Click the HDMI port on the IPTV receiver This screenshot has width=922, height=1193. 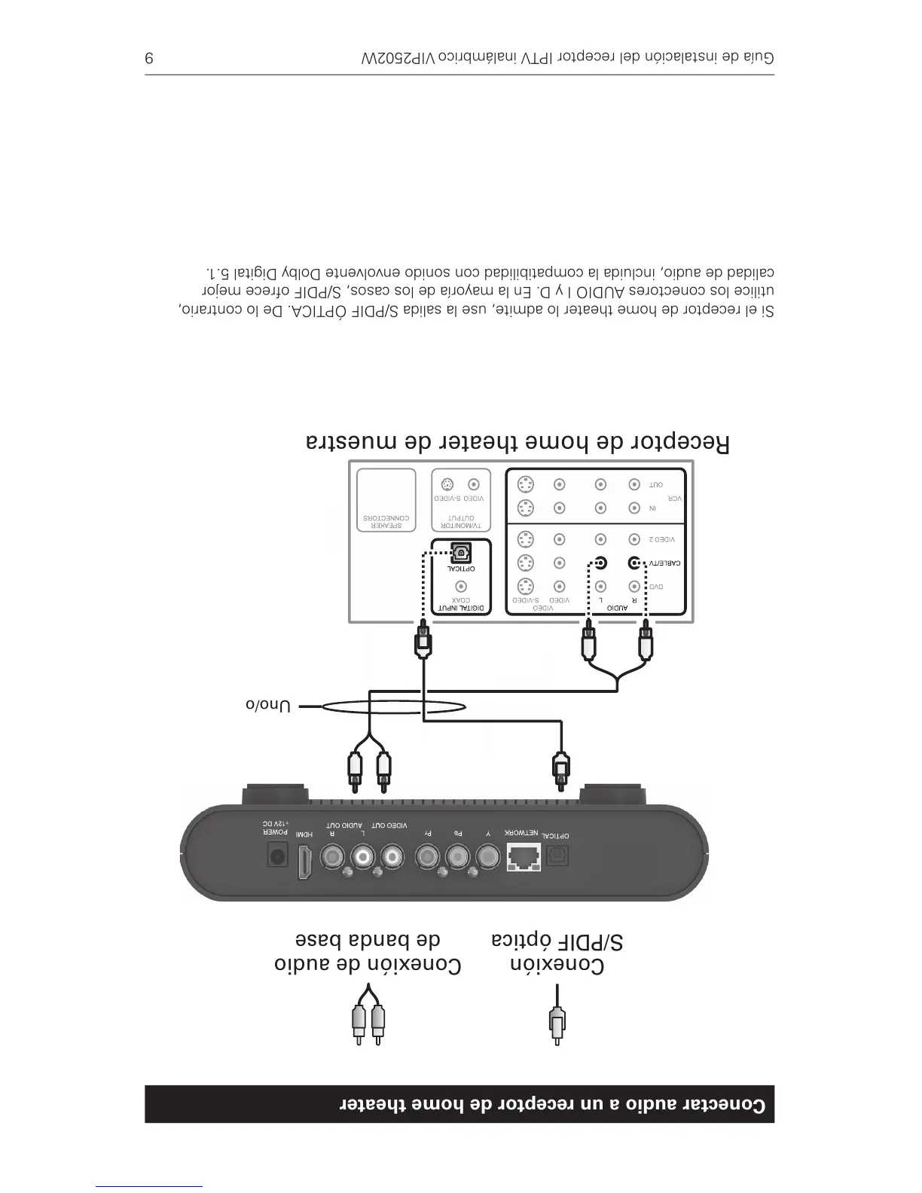coord(305,862)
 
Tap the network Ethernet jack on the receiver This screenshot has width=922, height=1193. coord(524,858)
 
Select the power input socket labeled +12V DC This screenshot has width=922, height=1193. coord(277,857)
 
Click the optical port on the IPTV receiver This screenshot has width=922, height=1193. coord(557,856)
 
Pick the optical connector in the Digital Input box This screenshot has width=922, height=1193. coord(460,554)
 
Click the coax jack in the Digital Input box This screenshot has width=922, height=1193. coord(460,587)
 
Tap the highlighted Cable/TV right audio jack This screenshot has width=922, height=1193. coord(634,563)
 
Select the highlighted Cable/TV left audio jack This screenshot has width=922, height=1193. coord(600,563)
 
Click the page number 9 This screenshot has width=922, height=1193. coord(149,58)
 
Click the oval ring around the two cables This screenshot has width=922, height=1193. coord(395,706)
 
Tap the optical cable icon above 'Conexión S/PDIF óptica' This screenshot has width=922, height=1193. coord(556,1021)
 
